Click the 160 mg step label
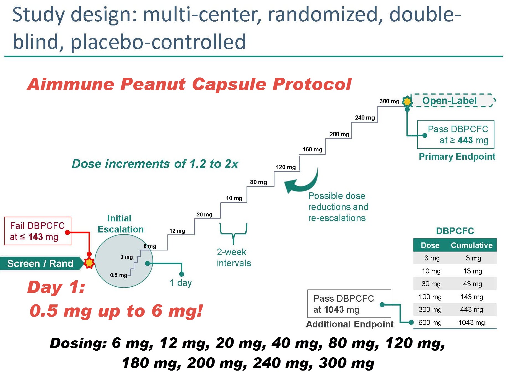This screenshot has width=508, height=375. tap(312, 149)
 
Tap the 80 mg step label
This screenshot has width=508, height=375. tap(258, 182)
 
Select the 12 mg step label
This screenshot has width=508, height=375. tap(177, 231)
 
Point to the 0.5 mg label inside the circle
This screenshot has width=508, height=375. tap(118, 275)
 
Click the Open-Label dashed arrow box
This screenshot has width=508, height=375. tap(452, 100)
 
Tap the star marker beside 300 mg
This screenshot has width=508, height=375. tap(407, 101)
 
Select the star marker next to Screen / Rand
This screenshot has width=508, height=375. tap(89, 263)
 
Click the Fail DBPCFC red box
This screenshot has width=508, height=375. tap(38, 231)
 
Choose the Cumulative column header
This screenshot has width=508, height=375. tap(471, 245)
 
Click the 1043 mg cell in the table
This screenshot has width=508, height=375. tap(471, 322)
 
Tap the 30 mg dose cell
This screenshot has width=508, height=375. tap(431, 284)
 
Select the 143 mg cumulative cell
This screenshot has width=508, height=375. tap(471, 297)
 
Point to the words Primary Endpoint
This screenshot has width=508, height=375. tap(457, 157)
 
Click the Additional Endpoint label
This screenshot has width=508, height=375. tap(350, 324)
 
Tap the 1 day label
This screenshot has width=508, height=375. tap(181, 283)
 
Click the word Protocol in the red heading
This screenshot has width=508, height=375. tap(312, 84)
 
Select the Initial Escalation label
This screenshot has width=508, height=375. tap(120, 224)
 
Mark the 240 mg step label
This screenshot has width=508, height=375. tap(365, 118)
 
